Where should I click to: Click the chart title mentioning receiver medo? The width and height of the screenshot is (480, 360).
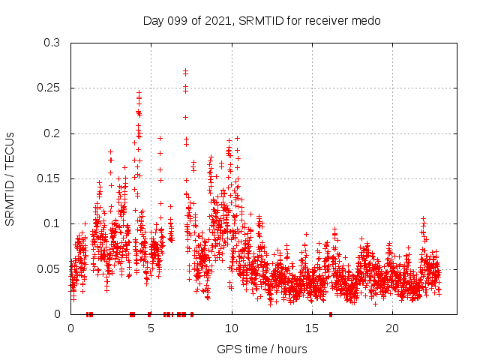(262, 20)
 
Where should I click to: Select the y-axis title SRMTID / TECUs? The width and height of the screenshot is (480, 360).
(10, 178)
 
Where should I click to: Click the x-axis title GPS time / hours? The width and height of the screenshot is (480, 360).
(262, 349)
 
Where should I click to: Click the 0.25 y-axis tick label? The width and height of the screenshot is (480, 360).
(49, 88)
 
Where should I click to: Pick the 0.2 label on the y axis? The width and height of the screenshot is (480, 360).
(52, 133)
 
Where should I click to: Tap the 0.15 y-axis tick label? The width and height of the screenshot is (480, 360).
(49, 178)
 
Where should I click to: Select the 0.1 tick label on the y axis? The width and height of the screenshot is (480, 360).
(52, 223)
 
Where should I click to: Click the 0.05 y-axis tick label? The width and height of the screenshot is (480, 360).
(49, 268)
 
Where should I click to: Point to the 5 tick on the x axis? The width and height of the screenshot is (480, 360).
(151, 328)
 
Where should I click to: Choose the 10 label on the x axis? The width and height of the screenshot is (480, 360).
(231, 328)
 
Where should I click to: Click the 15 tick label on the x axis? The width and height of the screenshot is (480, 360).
(311, 328)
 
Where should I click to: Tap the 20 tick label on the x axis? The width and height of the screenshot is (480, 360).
(391, 328)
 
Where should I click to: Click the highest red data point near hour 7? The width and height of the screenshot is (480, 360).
(185, 70)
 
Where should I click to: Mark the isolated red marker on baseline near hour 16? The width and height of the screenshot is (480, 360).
(330, 313)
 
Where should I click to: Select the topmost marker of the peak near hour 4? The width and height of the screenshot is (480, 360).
(139, 92)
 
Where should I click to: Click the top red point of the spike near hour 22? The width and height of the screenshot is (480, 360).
(424, 218)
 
